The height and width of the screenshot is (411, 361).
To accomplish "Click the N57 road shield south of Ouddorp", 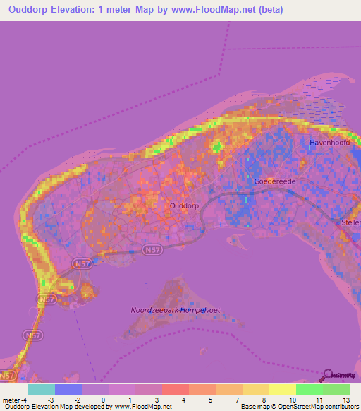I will coord(151,250).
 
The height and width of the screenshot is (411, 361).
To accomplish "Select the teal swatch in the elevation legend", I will coord(42,389).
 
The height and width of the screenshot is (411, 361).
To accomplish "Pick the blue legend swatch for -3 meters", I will coord(68,389).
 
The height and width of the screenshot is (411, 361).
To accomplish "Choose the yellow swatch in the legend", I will coord(283,389).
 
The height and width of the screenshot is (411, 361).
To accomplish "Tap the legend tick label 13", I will coord(345,399).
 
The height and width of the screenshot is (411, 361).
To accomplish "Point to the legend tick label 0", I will coord(103,399).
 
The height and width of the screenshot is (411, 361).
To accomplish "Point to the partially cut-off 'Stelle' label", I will coord(350,222).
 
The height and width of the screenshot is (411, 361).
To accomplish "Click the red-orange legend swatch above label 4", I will coord(176,389).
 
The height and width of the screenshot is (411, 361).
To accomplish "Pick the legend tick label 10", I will coord(293,399).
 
